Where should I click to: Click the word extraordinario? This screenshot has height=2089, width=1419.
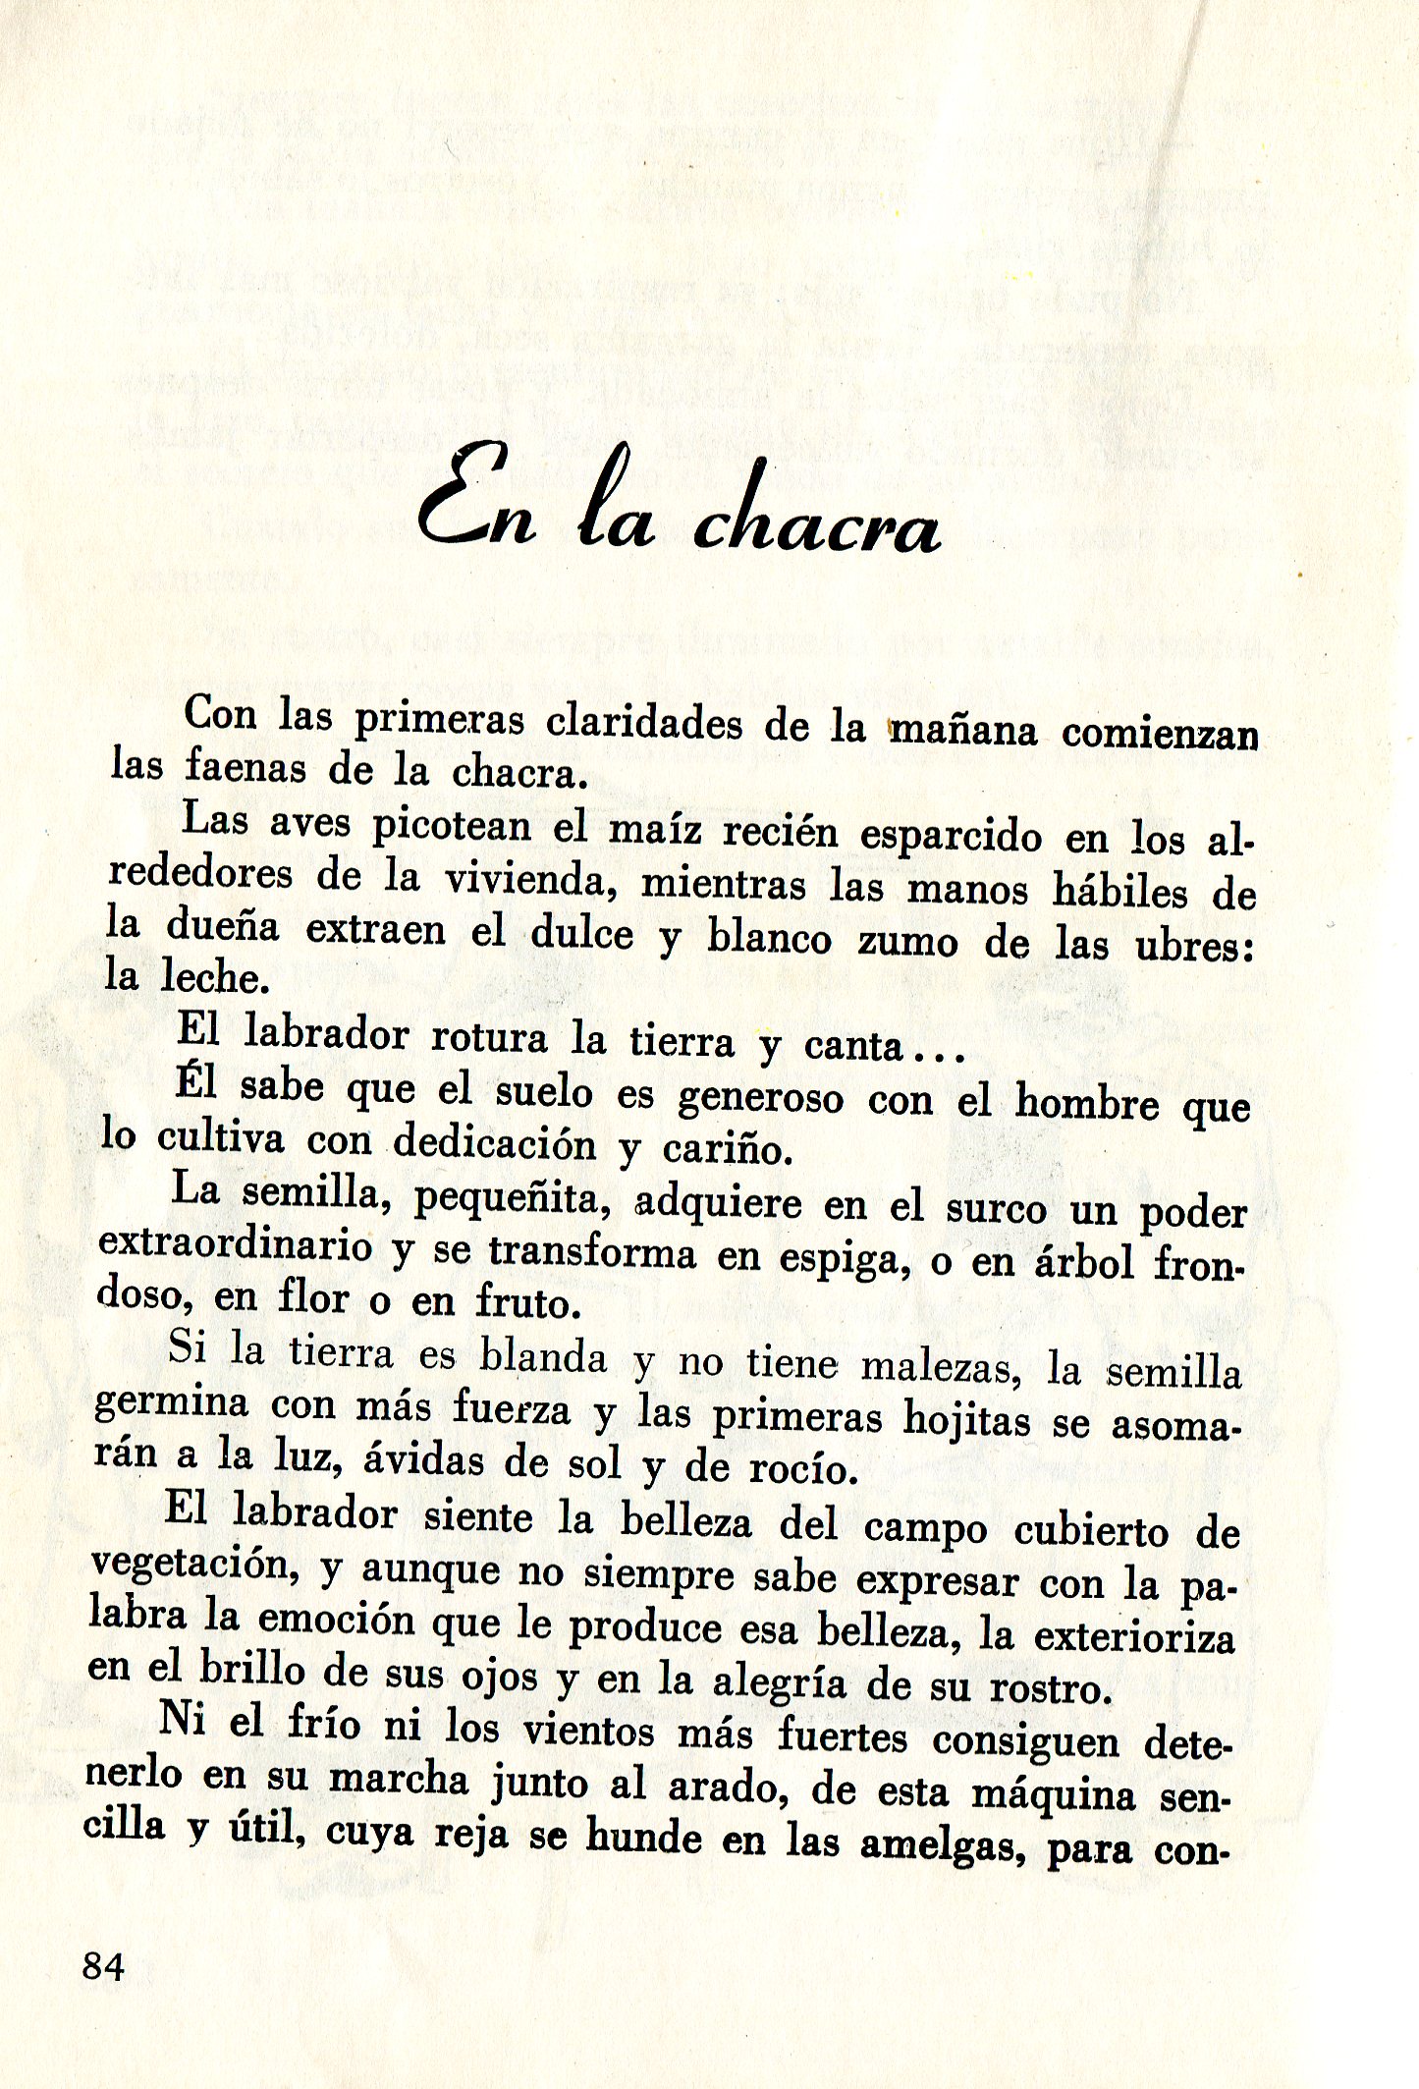click(236, 1245)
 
